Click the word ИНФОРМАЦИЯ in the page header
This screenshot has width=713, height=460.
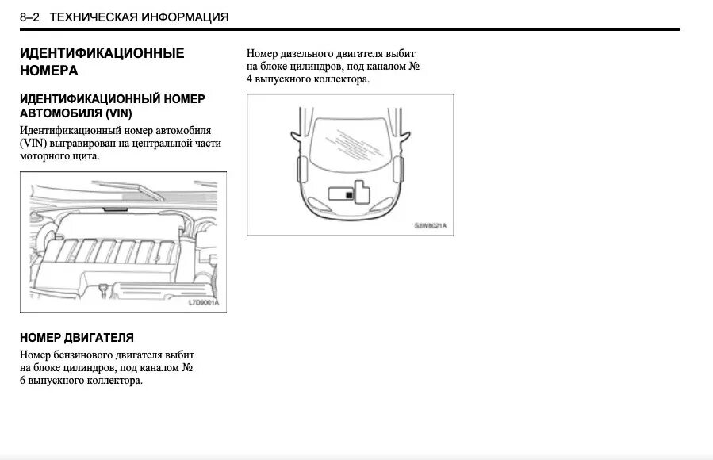tap(180, 17)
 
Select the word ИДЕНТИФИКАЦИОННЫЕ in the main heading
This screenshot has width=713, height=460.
tap(102, 53)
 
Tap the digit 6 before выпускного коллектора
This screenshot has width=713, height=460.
tap(23, 381)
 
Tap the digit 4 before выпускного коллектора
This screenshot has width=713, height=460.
tap(250, 79)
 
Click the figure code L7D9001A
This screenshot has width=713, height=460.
tap(203, 303)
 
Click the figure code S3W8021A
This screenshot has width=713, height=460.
tap(431, 226)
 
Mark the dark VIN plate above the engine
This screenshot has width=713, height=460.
tap(117, 209)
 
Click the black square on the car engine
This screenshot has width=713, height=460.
tap(349, 193)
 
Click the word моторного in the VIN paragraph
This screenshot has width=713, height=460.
tap(46, 156)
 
